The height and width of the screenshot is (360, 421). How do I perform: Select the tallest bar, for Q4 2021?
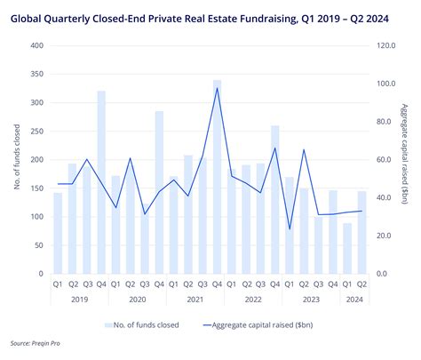(217, 178)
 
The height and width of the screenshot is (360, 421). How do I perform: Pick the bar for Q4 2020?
(159, 192)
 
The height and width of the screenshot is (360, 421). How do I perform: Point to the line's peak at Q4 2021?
(217, 88)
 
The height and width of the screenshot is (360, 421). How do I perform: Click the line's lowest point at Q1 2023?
(290, 229)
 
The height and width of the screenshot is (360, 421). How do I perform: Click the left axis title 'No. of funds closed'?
(17, 159)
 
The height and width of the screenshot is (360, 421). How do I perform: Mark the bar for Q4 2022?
(275, 200)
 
